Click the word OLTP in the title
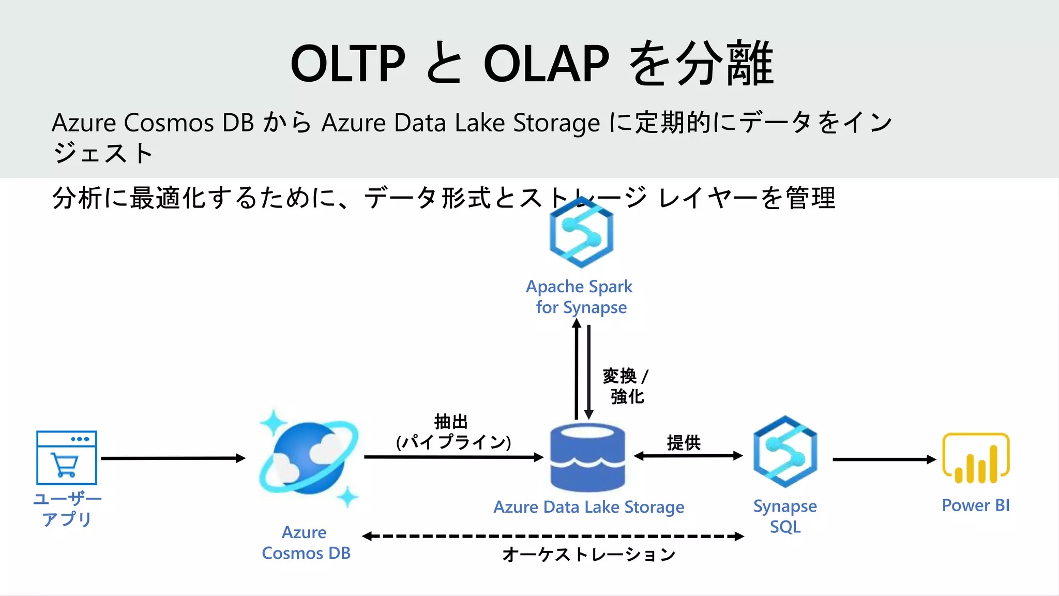347,64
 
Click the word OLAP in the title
547,64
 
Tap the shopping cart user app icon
67,458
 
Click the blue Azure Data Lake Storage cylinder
588,458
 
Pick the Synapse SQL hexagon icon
785,452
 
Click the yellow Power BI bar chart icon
976,458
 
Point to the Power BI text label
976,505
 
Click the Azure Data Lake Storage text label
588,507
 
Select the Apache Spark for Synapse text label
580,296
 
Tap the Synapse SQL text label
785,516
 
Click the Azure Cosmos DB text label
306,543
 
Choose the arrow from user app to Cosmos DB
173,458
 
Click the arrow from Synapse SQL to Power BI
884,459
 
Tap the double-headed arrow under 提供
688,456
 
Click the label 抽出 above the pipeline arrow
451,422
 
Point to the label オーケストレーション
588,555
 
